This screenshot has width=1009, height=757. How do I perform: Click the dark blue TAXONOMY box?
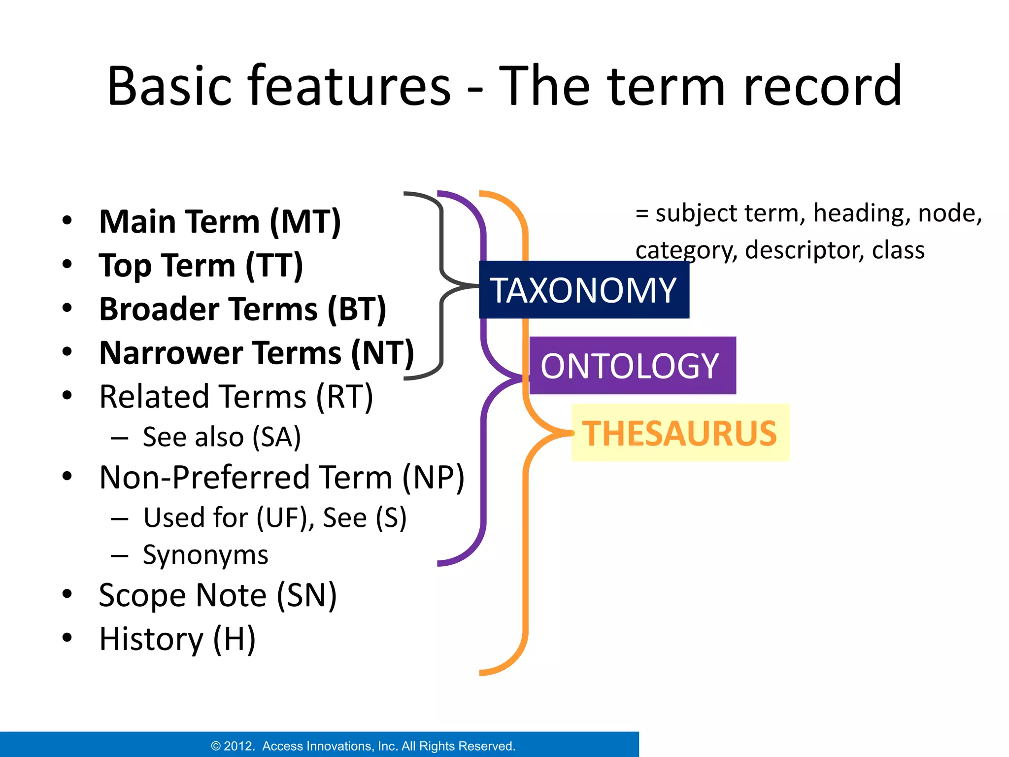(x=584, y=290)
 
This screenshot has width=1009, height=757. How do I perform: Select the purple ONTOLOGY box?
(x=632, y=366)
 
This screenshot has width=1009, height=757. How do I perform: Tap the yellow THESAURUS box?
(x=680, y=433)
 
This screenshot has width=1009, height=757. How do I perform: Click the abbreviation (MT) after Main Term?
(x=305, y=222)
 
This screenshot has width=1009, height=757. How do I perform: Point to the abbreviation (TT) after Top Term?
(x=274, y=266)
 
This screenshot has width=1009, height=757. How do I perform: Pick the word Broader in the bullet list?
(x=159, y=309)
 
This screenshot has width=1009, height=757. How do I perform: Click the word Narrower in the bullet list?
(x=171, y=353)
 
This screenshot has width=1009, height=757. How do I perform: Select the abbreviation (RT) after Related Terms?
(x=344, y=397)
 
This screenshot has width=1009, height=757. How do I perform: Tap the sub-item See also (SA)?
(x=221, y=437)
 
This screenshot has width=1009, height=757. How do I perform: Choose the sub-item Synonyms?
(x=205, y=555)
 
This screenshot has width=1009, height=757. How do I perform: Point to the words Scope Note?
(x=182, y=595)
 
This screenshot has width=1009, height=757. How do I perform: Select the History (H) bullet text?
(x=177, y=639)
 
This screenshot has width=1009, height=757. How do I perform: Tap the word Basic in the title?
(x=169, y=86)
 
